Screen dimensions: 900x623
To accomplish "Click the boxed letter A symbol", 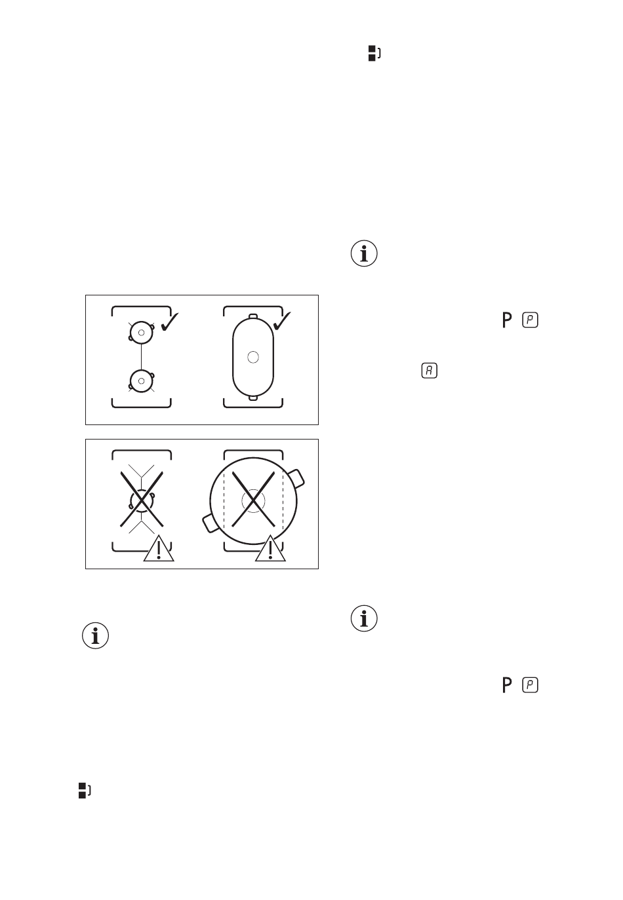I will [x=429, y=370].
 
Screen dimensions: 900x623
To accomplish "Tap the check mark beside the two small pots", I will [x=170, y=322].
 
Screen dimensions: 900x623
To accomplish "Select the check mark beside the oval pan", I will [x=283, y=322].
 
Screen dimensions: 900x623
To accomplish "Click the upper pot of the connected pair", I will [x=141, y=333].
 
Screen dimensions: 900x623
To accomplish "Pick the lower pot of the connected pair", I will [x=141, y=381].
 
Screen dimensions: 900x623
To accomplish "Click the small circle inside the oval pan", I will [x=254, y=357].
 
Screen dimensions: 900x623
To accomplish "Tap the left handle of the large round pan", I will [x=211, y=523].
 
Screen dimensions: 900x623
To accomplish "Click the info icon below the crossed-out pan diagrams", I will [x=96, y=636].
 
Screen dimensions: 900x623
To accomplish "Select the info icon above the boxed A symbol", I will [x=365, y=253].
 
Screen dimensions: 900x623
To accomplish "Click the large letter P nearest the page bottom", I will [x=506, y=685].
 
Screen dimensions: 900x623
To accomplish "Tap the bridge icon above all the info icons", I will [x=374, y=53].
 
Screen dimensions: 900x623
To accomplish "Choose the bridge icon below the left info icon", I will [x=83, y=790].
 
